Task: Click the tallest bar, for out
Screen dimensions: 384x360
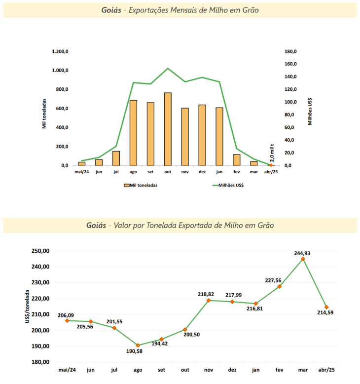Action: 168,129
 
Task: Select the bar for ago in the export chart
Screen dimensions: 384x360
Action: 133,133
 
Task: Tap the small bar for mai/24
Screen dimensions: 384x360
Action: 81,163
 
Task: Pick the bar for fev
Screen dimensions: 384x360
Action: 237,160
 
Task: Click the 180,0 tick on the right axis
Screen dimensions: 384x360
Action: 290,51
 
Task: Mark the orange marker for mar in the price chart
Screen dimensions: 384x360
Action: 303,259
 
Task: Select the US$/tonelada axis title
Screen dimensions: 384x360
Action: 28,307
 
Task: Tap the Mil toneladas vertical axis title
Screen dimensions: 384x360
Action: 44,113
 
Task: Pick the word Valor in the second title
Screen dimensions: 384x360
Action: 123,225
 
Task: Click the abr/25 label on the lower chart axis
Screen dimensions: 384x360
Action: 326,370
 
